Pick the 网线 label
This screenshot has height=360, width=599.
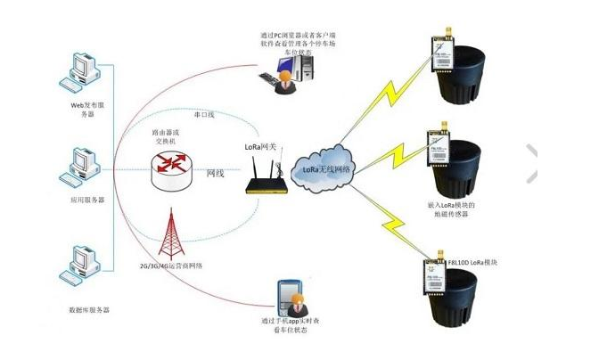(x=215, y=172)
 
